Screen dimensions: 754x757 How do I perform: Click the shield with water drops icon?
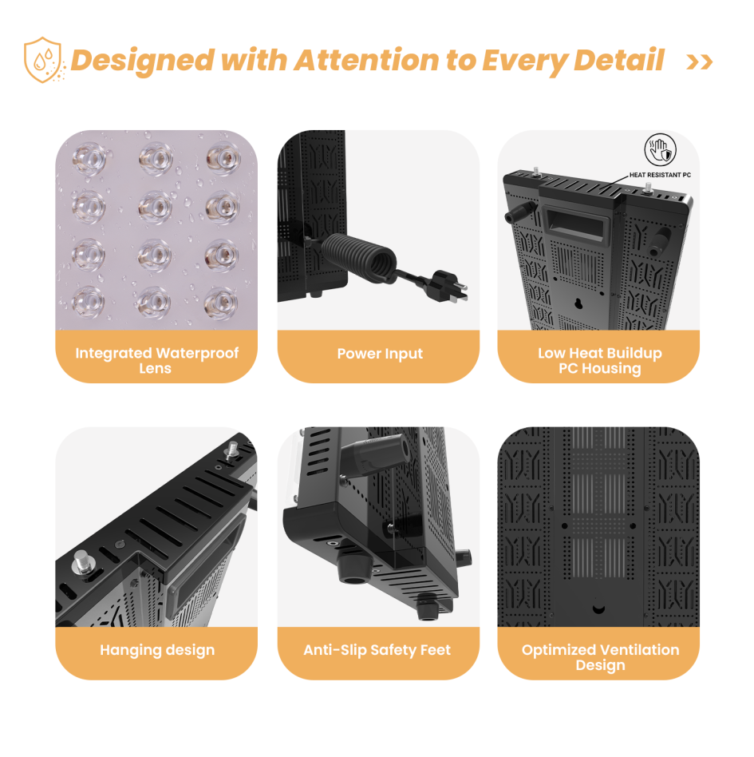(43, 59)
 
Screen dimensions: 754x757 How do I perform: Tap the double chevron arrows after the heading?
(699, 61)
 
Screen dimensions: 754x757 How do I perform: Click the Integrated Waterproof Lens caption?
(156, 360)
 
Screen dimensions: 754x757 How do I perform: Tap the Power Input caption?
(380, 354)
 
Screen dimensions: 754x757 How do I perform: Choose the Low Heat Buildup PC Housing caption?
(600, 360)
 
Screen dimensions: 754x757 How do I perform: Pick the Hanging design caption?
(156, 650)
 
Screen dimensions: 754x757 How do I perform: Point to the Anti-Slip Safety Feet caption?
(377, 650)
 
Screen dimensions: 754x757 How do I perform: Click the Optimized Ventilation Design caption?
(600, 657)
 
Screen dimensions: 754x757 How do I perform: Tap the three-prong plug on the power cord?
(448, 287)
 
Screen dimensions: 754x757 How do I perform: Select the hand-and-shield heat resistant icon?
(660, 149)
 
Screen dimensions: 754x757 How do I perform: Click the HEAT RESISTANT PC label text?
(660, 175)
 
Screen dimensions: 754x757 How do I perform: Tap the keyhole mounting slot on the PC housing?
(578, 303)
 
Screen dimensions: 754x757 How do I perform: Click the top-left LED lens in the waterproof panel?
(89, 158)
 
